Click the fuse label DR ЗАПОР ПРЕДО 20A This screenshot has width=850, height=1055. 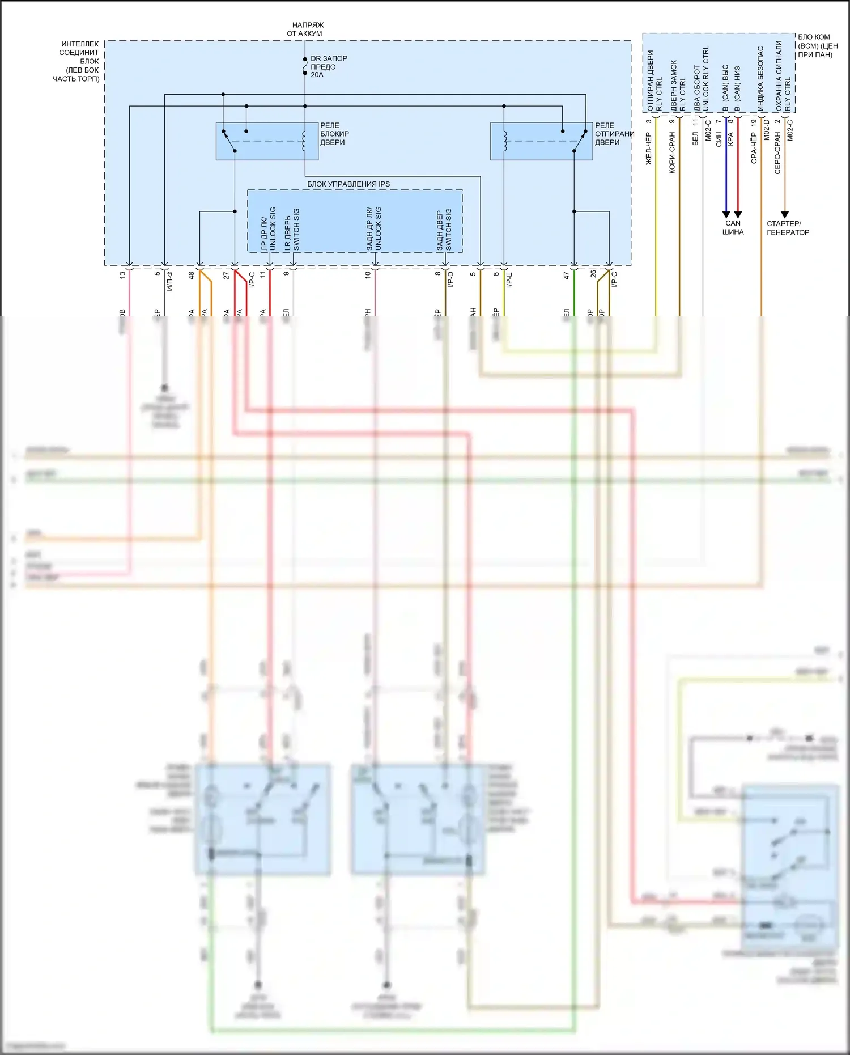point(328,66)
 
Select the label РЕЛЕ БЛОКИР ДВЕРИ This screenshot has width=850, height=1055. point(334,134)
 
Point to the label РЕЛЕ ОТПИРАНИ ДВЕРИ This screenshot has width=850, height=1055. point(613,134)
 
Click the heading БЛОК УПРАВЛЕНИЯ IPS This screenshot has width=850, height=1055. point(348,184)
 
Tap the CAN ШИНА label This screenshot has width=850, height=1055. point(733,227)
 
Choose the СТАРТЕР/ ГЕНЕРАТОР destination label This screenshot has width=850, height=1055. point(788,228)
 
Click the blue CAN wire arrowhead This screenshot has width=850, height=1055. point(726,214)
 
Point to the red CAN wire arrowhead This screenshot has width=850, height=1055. point(738,214)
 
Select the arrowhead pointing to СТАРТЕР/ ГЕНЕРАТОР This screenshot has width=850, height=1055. point(785,214)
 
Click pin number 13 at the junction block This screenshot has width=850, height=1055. point(122,275)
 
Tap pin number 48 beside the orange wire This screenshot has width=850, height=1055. point(192,275)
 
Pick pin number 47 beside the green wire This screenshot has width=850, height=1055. point(566,275)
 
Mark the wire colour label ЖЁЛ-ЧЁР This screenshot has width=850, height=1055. point(649,149)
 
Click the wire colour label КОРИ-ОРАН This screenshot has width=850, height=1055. point(672,152)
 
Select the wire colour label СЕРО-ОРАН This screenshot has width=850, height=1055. point(777,152)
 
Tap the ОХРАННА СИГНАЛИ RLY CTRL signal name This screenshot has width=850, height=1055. point(783,75)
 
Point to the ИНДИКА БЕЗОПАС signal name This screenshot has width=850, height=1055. point(760,78)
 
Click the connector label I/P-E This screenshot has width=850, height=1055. point(509,279)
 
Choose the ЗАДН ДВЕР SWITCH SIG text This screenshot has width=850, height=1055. point(444,230)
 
